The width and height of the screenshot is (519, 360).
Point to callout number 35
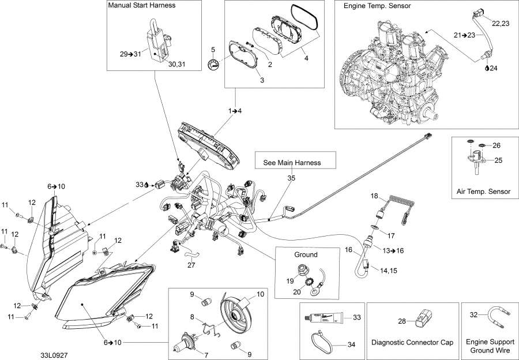(291, 179)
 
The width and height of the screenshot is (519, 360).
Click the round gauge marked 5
(214, 65)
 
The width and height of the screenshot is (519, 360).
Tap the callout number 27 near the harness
(191, 265)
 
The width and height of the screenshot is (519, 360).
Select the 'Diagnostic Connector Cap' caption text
(412, 342)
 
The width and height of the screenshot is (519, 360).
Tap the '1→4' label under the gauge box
(235, 110)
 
